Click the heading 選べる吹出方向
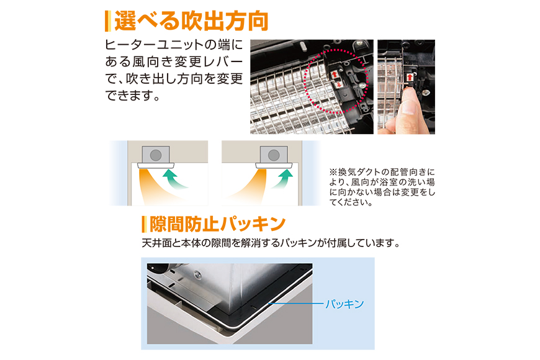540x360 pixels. point(191,21)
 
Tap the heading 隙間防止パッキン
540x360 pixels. point(217,224)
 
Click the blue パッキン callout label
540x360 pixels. point(344,304)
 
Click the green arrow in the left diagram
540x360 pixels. point(174,178)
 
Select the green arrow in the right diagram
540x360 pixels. point(282,178)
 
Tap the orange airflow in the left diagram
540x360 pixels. point(155,186)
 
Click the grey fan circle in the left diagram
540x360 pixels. point(156,155)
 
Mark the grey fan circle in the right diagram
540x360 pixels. point(274,155)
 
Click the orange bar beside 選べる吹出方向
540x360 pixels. point(108,21)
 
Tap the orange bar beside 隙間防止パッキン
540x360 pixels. point(144,224)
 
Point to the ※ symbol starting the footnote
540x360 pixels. point(333,172)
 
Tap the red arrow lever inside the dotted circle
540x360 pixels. point(336,79)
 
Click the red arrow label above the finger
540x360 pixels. point(410,77)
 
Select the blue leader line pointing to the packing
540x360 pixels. point(296,304)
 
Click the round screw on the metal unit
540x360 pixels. point(197,274)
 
